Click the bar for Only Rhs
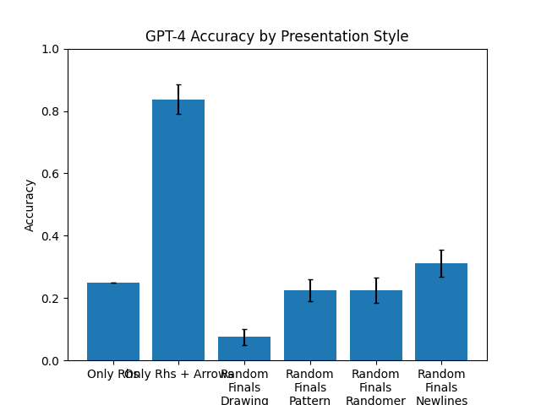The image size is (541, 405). [x=113, y=321]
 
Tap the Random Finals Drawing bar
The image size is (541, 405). [x=244, y=349]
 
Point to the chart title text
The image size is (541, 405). [x=276, y=36]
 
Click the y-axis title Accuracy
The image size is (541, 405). [x=30, y=205]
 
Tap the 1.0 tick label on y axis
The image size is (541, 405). [x=52, y=49]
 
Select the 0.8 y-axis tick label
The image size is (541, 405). [x=52, y=111]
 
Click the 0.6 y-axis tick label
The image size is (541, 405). [x=52, y=174]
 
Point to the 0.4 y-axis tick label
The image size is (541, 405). [x=52, y=236]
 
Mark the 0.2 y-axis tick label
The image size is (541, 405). [x=52, y=299]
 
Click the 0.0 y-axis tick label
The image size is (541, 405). [x=52, y=361]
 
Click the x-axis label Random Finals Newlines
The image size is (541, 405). [x=441, y=387]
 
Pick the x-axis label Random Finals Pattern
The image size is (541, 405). [x=310, y=387]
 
